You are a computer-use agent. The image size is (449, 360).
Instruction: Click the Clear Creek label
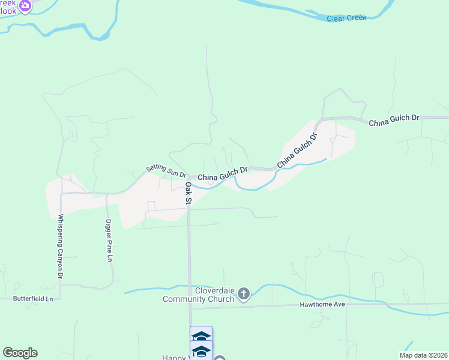pos(346,18)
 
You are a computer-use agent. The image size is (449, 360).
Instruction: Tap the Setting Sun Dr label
pos(166,172)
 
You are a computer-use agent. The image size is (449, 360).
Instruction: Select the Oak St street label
pos(188,193)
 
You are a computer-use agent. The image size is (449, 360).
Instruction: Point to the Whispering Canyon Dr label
pos(60,246)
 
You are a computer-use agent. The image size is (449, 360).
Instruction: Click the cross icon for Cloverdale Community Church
pos(243,294)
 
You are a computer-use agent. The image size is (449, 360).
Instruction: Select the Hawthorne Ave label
pos(322,305)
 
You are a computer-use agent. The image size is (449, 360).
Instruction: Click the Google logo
pos(20,353)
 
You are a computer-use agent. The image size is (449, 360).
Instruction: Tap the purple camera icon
pos(25,7)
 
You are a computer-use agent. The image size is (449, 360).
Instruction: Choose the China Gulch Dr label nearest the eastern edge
pos(393,120)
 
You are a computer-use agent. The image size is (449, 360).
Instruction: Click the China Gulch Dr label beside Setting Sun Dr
pos(223,175)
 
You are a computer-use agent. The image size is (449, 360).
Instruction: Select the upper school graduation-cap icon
pos(201,336)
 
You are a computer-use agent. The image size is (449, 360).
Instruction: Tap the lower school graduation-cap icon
pos(201,350)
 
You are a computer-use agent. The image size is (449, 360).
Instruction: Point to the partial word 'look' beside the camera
pos(8,11)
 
